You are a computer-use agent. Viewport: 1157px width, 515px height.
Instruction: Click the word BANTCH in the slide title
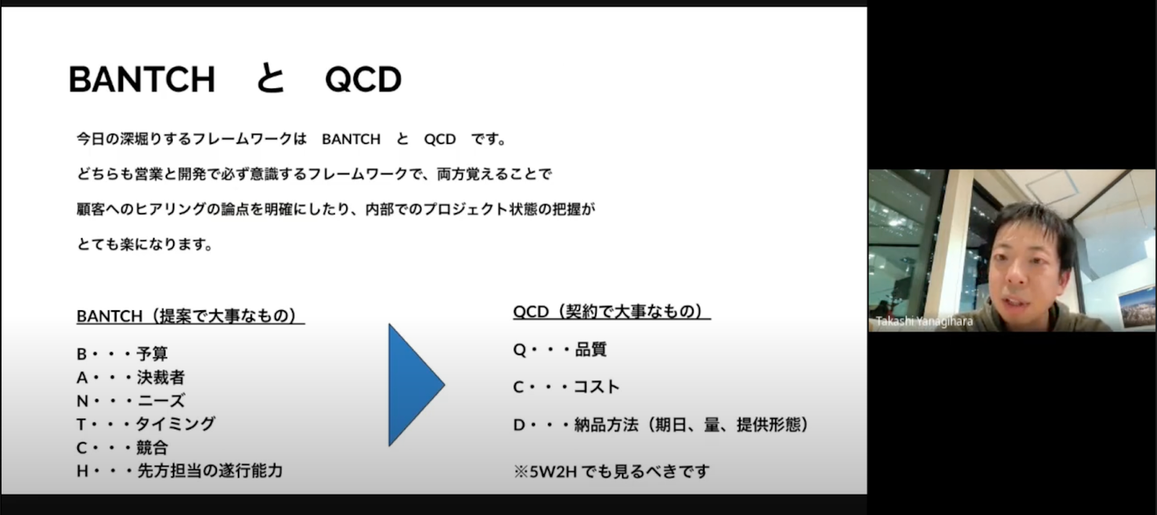[141, 80]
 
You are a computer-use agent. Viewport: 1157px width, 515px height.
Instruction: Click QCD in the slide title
[363, 80]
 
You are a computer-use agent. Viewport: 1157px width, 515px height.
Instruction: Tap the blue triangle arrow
[416, 385]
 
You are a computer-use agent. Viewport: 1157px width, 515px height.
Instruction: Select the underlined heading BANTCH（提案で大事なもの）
[190, 316]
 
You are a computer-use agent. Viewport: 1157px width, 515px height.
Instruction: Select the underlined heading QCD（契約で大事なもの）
[611, 312]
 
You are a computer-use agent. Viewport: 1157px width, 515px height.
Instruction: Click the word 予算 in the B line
[153, 354]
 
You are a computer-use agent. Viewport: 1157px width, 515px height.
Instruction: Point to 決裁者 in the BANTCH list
[161, 378]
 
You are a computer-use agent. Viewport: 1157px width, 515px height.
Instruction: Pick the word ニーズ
[161, 401]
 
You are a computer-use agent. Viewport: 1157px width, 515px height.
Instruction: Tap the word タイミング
[176, 424]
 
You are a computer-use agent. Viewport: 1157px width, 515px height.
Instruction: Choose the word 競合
[153, 448]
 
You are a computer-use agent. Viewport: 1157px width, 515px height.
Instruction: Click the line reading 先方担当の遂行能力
[210, 471]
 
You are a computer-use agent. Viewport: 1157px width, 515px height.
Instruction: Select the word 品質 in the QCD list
[591, 349]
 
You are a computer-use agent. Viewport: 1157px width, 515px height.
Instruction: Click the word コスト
[597, 387]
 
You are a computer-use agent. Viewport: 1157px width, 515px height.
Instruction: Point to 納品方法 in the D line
[607, 424]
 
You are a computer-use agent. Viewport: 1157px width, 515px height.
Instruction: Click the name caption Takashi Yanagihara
[924, 321]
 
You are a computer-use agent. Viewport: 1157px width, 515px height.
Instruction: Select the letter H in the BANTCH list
[82, 471]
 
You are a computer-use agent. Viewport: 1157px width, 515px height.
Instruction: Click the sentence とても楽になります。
[145, 243]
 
